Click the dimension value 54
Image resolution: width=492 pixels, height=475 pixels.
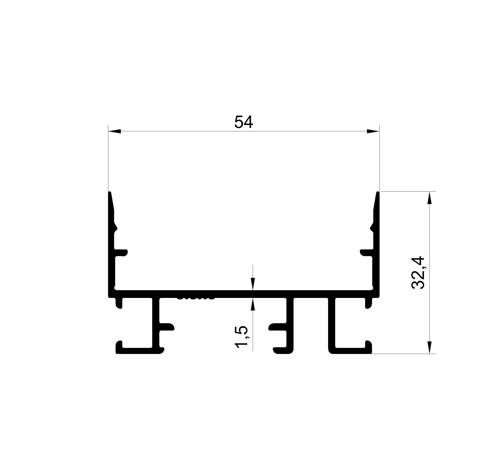coord(243,122)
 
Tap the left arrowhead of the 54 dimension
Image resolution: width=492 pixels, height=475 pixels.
coord(115,131)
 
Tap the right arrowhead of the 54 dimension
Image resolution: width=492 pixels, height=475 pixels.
coord(373,131)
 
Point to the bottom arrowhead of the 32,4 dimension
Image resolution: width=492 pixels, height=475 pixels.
coord(429,347)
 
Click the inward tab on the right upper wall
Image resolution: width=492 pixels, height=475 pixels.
coord(367,253)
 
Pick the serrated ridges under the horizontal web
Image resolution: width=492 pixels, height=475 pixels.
coord(196,298)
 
